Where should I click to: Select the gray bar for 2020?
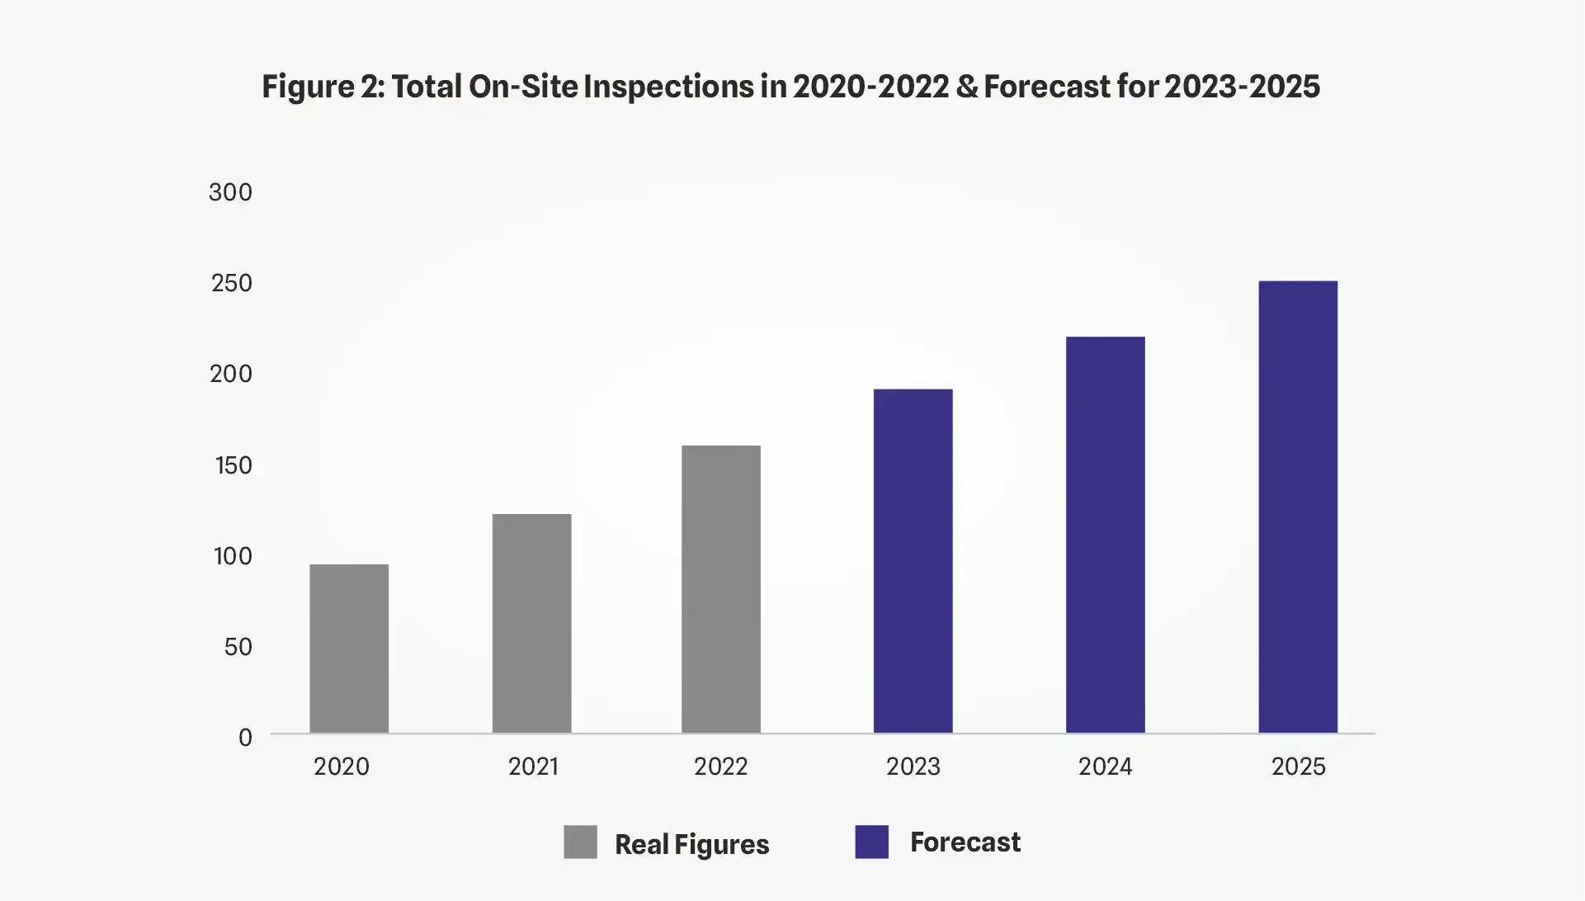(349, 649)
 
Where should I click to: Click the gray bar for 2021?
(531, 623)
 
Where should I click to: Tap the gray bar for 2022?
(720, 589)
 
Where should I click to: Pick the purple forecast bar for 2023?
(913, 561)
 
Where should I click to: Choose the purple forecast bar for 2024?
(1105, 535)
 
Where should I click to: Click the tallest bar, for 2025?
(1297, 507)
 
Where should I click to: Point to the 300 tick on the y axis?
(230, 192)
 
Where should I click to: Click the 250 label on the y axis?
(231, 283)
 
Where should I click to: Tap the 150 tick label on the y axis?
(233, 465)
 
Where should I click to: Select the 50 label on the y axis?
(238, 647)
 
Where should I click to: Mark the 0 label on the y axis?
(245, 738)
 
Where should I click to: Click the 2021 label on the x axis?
(533, 767)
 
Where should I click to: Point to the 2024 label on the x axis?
(1105, 767)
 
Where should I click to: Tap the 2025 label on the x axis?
(1298, 767)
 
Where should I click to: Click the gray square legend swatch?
(580, 842)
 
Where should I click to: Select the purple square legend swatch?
(871, 842)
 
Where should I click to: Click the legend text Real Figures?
(691, 844)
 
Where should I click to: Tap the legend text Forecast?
(965, 842)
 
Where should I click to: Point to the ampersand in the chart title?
(966, 87)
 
